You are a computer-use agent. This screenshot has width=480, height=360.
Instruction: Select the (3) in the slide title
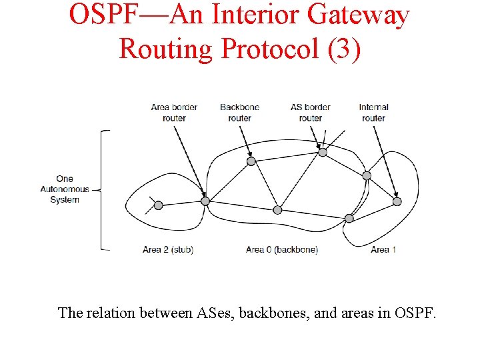(345, 48)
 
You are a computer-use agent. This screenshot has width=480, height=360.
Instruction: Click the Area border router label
(174, 112)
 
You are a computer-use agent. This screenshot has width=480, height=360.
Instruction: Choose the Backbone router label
(239, 112)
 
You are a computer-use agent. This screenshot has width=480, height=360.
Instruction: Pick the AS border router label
(311, 112)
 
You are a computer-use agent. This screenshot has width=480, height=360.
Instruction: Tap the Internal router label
(373, 112)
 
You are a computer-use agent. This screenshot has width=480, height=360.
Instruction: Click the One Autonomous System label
(65, 189)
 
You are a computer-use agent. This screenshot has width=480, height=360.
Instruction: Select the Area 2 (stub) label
(168, 250)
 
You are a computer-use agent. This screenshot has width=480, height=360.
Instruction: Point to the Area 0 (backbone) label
(282, 250)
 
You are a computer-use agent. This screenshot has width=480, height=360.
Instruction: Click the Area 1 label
(384, 250)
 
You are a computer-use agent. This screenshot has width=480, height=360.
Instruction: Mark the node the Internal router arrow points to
(397, 201)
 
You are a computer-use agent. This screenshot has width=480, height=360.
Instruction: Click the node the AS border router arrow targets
(323, 152)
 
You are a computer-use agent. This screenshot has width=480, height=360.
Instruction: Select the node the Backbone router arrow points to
(251, 161)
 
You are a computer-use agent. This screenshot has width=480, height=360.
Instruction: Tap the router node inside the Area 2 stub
(158, 205)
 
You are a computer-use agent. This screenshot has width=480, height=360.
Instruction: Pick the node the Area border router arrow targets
(205, 201)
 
